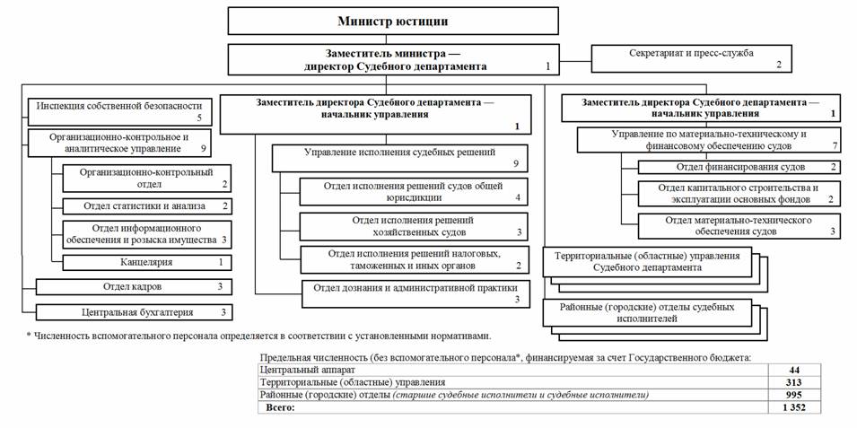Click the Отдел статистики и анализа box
[146, 205]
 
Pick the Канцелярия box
[146, 262]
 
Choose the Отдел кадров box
[133, 286]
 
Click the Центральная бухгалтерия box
[133, 312]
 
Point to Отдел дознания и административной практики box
[415, 293]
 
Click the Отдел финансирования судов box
[740, 167]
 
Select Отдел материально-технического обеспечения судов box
[740, 224]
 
